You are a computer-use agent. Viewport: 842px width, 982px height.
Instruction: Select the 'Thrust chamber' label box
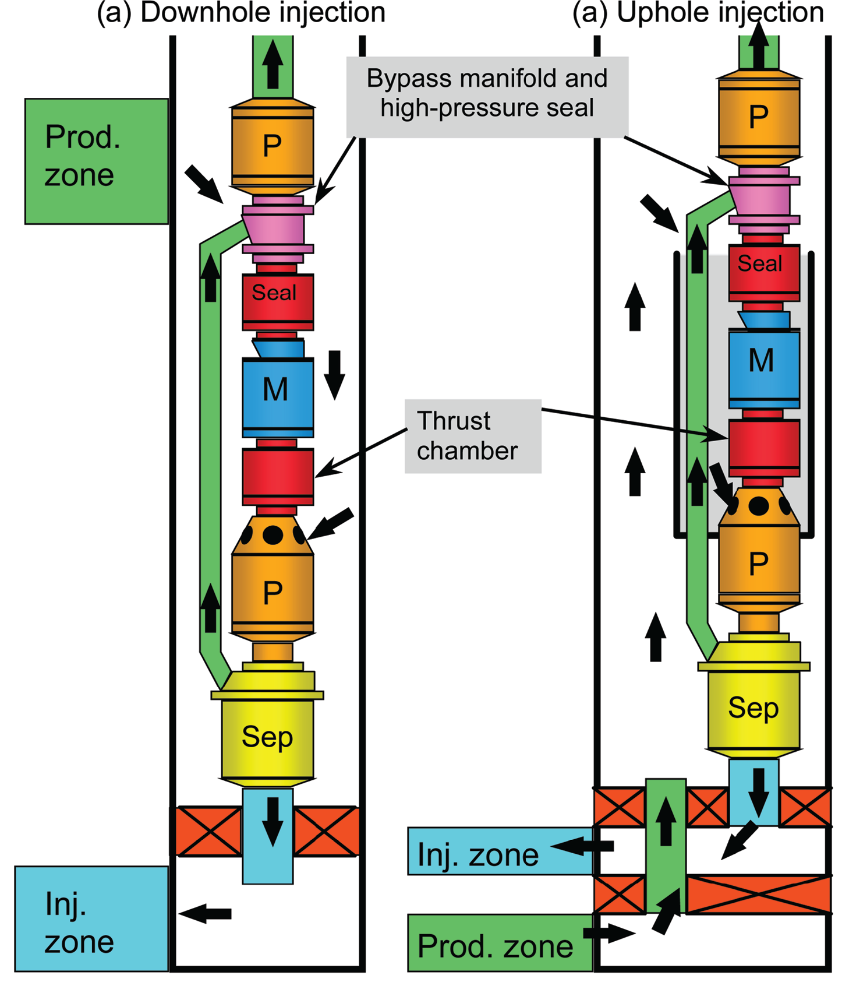[x=473, y=436]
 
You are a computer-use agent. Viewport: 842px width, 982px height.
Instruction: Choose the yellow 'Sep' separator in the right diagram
[x=753, y=708]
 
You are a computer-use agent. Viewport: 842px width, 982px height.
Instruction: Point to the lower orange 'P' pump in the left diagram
[x=272, y=593]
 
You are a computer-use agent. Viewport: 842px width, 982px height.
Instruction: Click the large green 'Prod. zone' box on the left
[x=96, y=161]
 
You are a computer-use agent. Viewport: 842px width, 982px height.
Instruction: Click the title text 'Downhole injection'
[x=262, y=13]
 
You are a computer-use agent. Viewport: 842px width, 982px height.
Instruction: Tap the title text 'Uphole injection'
[x=720, y=13]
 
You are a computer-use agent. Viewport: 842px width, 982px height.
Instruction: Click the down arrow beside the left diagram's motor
[x=334, y=374]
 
